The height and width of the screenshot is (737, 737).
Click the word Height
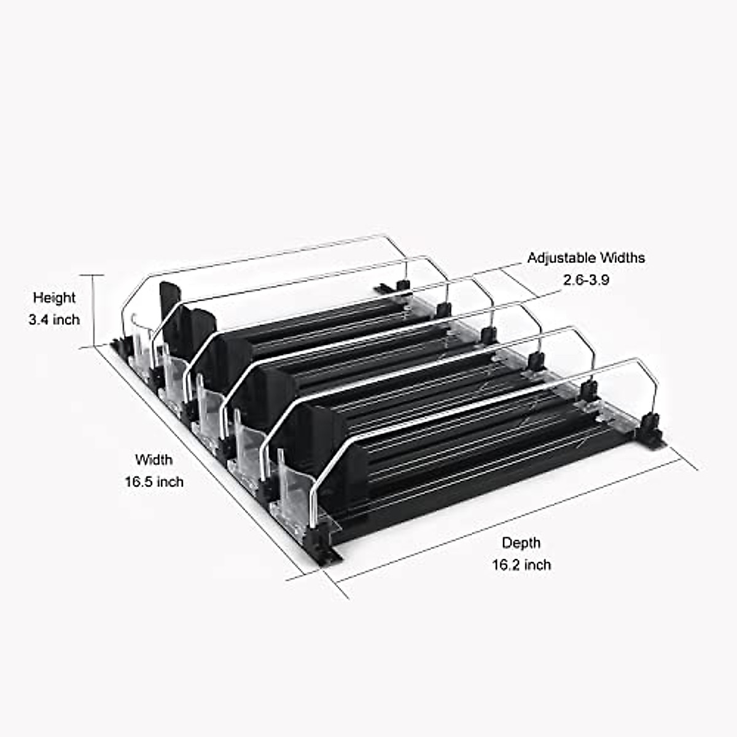pyautogui.click(x=54, y=298)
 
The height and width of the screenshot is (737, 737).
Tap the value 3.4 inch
pyautogui.click(x=54, y=319)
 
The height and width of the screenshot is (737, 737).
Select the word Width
pyautogui.click(x=154, y=459)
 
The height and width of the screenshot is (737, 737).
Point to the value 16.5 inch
pyautogui.click(x=154, y=482)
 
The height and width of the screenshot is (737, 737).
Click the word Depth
pyautogui.click(x=521, y=542)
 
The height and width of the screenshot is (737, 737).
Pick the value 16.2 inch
pyautogui.click(x=521, y=564)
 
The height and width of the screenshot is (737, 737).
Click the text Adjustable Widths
pyautogui.click(x=586, y=258)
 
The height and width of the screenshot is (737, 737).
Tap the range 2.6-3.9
pyautogui.click(x=586, y=280)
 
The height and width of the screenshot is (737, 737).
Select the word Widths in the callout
pyautogui.click(x=622, y=258)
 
